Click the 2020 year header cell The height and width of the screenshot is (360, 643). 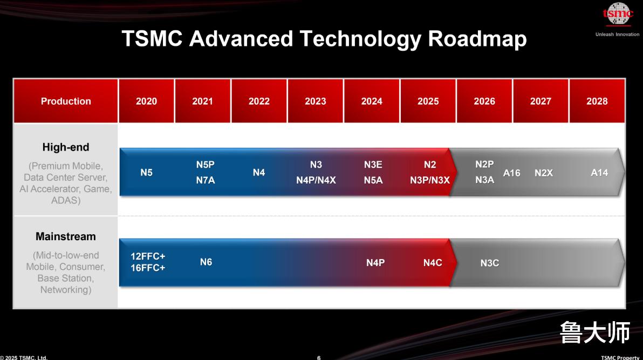pos(146,101)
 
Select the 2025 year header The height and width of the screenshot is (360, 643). pos(428,101)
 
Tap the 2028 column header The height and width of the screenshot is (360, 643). pos(597,101)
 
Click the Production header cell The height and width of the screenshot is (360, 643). pos(66,101)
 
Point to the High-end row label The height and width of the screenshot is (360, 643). pos(66,147)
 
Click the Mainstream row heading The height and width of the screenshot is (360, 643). pos(66,236)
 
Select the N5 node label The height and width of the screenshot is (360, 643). pos(146,172)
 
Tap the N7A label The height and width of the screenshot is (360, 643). pos(206,180)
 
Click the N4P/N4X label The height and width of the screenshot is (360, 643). pos(316,180)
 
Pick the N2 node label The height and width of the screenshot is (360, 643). pos(430,165)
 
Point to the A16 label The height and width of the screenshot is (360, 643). pos(512,173)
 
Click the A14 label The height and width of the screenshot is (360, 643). pos(599,172)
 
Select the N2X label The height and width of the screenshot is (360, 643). pos(544,173)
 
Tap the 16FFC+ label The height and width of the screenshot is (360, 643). pos(148,268)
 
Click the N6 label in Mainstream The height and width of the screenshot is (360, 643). pos(206,262)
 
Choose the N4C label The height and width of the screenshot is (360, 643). pos(433,263)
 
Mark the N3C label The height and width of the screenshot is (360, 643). pos(490,263)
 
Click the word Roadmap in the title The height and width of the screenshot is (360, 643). pos(477,39)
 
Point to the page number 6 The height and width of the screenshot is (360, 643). pos(319,357)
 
